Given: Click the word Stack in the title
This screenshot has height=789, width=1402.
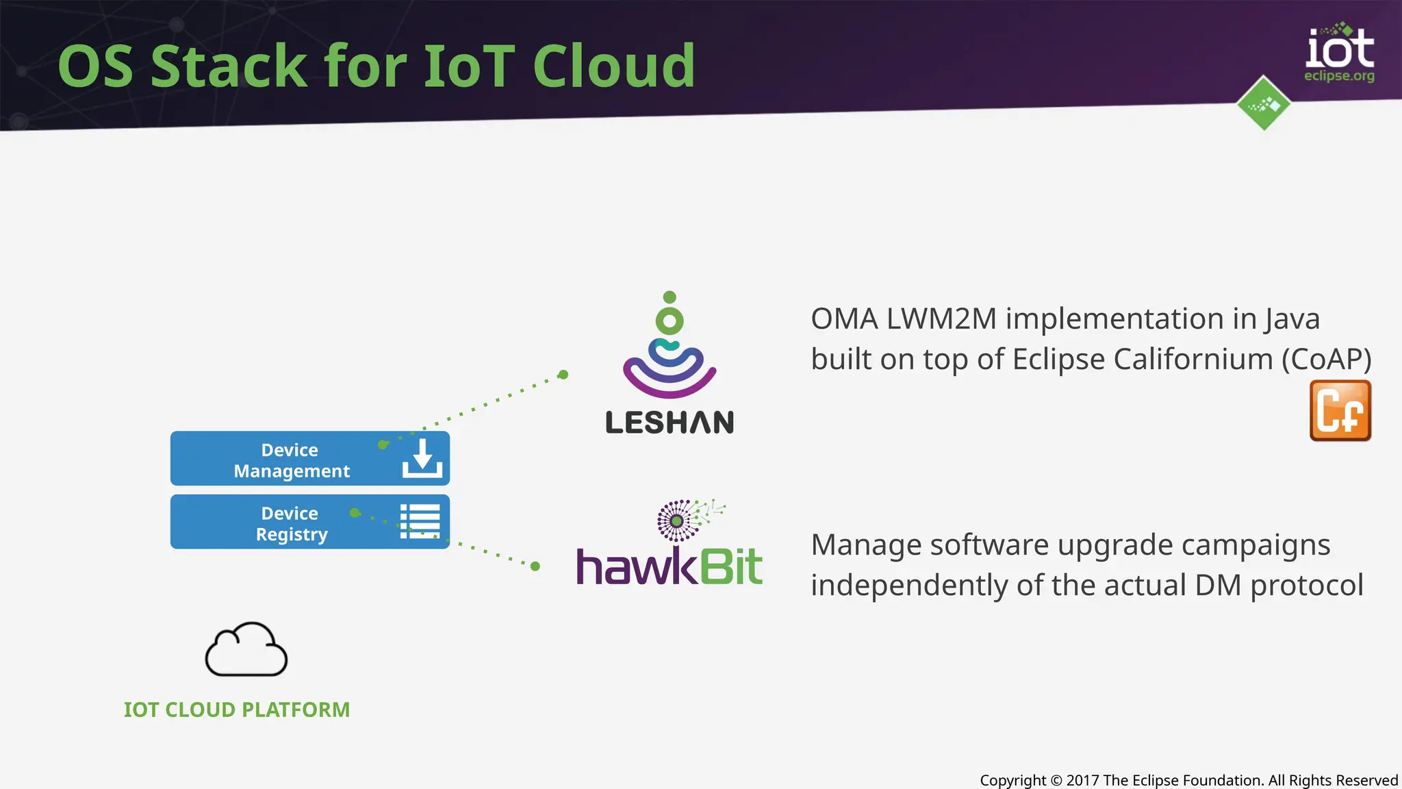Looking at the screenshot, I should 229,66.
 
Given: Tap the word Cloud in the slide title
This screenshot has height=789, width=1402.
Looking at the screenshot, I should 613,66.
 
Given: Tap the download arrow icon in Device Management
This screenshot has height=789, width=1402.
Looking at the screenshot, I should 422,458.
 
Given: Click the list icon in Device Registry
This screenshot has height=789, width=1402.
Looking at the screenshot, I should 420,521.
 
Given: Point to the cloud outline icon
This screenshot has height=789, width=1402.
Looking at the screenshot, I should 246,650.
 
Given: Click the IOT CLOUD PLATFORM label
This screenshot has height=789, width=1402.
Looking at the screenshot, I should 237,710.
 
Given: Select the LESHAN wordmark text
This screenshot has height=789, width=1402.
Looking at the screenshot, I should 670,423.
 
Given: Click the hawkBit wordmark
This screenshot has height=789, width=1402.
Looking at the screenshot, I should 669,567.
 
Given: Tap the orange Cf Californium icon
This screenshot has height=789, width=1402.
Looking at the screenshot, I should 1340,411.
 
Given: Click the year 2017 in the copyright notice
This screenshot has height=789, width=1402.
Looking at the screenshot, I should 1082,780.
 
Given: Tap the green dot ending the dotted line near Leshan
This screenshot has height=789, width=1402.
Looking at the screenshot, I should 563,375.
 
